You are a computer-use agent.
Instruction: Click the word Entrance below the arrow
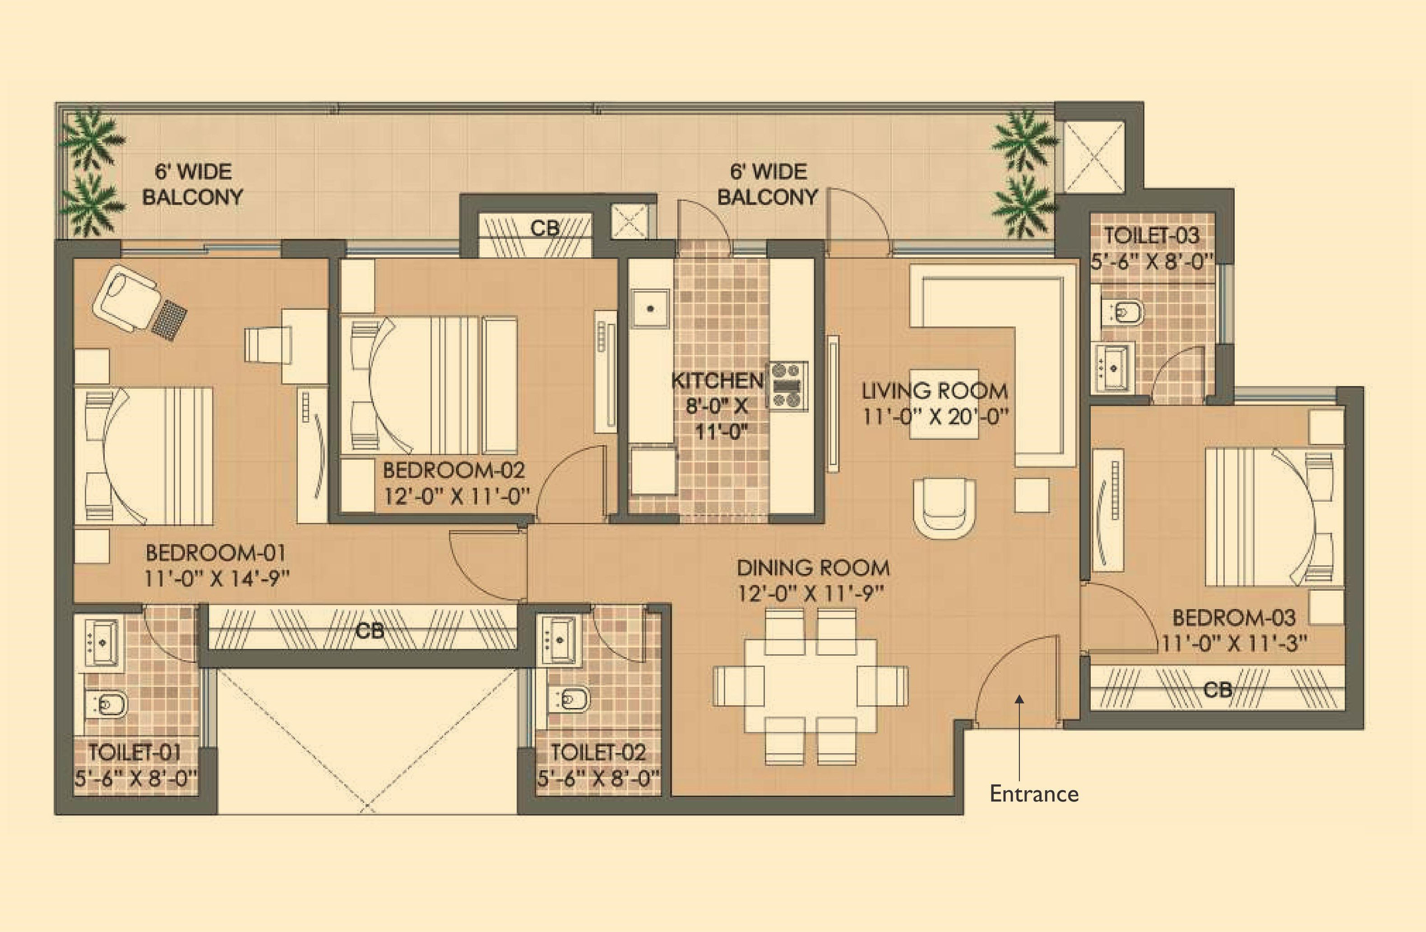[1034, 793]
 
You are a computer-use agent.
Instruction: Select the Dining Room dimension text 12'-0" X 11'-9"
[810, 593]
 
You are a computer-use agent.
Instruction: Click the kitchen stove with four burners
[788, 385]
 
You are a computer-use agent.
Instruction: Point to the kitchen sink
[651, 308]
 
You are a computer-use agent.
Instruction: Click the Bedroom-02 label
[454, 470]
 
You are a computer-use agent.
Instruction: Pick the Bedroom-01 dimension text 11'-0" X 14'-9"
[217, 578]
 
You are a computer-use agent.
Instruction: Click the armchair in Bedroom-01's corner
[127, 298]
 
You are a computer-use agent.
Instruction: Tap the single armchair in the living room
[944, 507]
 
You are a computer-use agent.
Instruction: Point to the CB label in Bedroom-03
[1218, 690]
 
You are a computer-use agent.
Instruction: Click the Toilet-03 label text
[1152, 236]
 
